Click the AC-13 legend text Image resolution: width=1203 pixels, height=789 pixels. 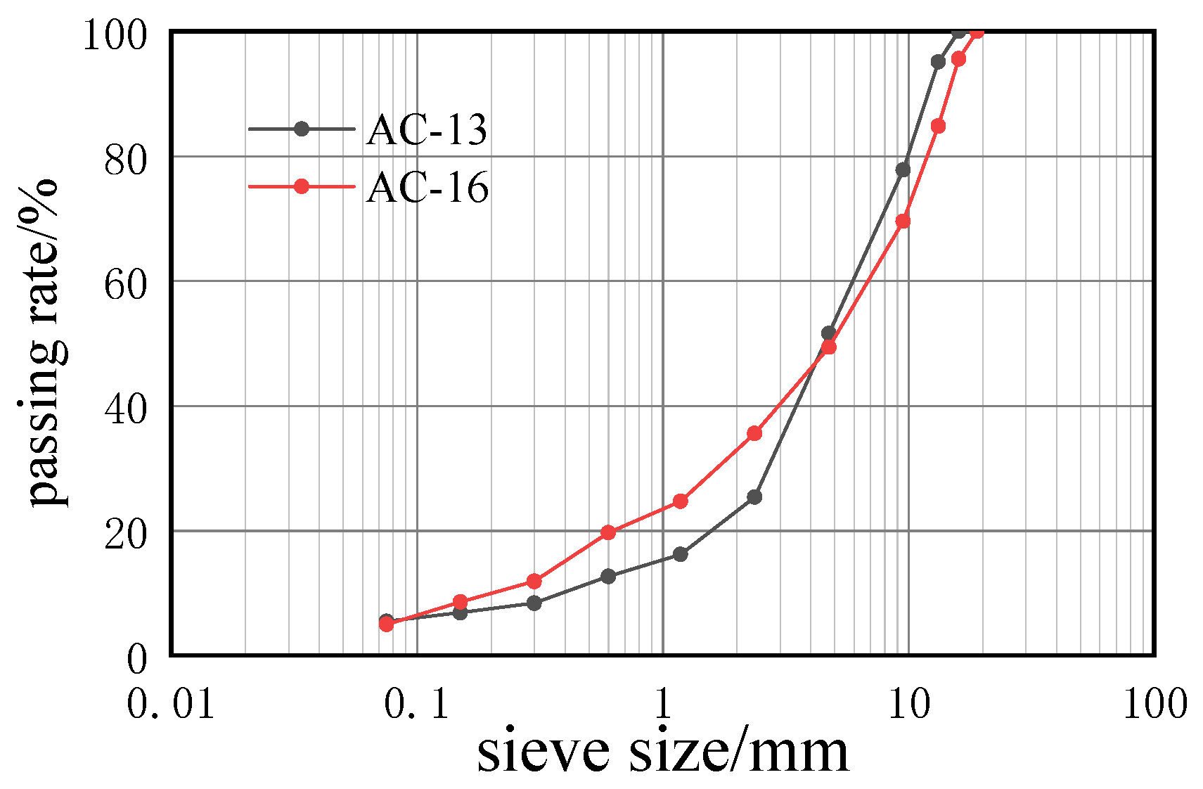[426, 130]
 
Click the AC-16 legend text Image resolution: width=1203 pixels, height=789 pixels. [427, 188]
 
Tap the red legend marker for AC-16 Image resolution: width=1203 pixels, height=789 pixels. [302, 186]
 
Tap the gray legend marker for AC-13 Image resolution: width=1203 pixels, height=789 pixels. [302, 129]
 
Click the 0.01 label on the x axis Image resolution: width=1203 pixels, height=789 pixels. [171, 703]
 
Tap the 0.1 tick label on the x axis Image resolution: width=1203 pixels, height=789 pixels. [416, 703]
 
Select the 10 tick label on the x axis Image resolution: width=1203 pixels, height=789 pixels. [908, 703]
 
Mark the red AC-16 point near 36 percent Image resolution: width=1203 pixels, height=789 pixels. [754, 433]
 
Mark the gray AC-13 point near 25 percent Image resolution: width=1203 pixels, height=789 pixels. [754, 497]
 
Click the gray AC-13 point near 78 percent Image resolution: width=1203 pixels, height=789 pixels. [903, 169]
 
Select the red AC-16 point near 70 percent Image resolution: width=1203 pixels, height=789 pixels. [903, 222]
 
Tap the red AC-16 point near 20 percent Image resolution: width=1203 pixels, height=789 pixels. [608, 532]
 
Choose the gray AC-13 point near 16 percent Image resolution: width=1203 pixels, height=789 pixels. [680, 554]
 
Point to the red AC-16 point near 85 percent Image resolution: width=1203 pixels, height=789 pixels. [938, 126]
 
